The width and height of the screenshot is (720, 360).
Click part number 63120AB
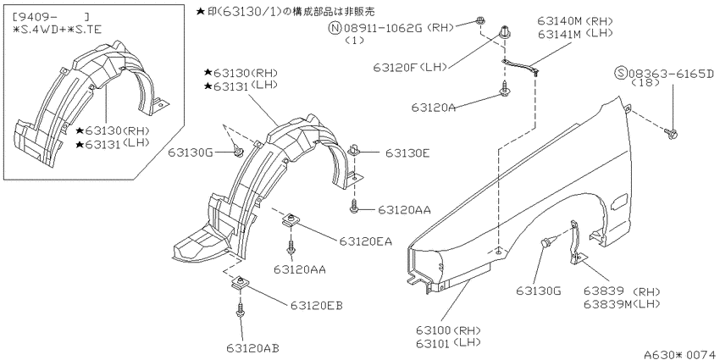point(252,347)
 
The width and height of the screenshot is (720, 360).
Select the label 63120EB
point(316,305)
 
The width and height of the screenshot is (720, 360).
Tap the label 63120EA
point(366,241)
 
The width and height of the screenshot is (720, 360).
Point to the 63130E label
point(407,153)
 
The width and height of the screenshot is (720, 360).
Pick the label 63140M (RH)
point(575,21)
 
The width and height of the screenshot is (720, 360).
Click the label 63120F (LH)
point(410,68)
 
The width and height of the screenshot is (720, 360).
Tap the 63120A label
point(434,108)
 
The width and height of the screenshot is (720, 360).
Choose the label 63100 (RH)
point(448,330)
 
